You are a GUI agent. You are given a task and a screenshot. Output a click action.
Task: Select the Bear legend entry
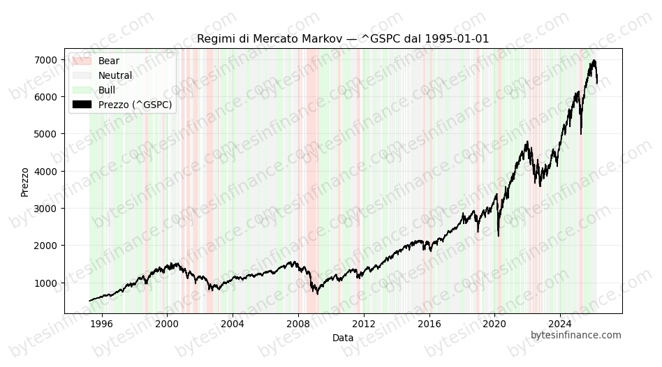108,61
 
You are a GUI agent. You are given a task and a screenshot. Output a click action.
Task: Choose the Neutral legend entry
115,75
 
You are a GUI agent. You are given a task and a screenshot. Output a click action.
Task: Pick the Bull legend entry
107,90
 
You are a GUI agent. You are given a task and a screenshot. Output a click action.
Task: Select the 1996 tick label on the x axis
102,324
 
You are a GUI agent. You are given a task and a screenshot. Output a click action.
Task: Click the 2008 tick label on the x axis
298,324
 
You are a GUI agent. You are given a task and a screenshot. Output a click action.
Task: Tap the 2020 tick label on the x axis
494,324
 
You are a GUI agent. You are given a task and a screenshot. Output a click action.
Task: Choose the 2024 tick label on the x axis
560,324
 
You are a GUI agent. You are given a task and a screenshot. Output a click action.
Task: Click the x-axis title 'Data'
342,338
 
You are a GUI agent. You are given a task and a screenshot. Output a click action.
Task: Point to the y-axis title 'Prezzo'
25,181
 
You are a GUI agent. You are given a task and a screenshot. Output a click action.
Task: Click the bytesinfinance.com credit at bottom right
575,335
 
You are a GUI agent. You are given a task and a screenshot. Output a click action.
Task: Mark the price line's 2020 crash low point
498,235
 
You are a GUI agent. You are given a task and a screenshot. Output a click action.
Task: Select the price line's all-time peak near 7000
594,61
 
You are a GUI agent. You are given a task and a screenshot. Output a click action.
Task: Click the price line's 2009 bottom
318,293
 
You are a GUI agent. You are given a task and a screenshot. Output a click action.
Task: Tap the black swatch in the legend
82,105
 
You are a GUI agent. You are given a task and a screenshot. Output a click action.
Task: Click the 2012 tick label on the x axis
364,324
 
